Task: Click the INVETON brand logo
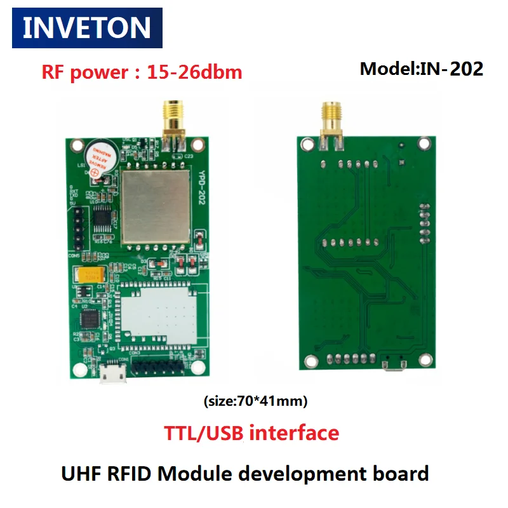(87, 27)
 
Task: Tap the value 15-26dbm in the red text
(194, 72)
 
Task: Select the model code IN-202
(450, 69)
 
